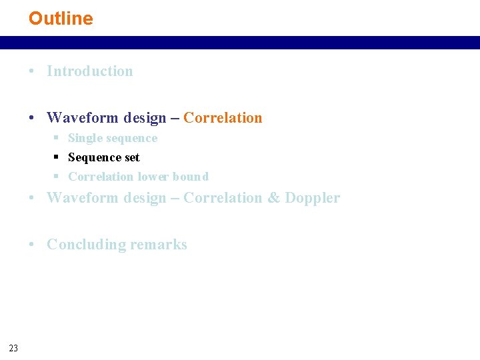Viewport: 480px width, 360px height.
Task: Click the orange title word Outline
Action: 61,19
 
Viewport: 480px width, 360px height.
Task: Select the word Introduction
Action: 90,71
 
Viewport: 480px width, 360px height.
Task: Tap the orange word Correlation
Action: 223,118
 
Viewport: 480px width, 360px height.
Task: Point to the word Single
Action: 85,138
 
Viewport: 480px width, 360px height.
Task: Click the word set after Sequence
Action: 131,157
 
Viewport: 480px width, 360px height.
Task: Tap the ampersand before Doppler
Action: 273,198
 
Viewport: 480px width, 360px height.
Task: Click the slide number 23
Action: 14,347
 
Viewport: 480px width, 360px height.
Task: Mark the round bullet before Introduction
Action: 32,72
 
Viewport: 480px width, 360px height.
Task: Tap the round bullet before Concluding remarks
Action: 32,245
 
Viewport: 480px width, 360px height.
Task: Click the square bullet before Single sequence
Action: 57,139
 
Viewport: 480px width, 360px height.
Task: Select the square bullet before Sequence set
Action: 57,157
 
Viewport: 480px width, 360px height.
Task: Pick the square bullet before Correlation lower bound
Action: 57,177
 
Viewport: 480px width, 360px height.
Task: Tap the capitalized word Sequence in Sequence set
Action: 95,157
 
